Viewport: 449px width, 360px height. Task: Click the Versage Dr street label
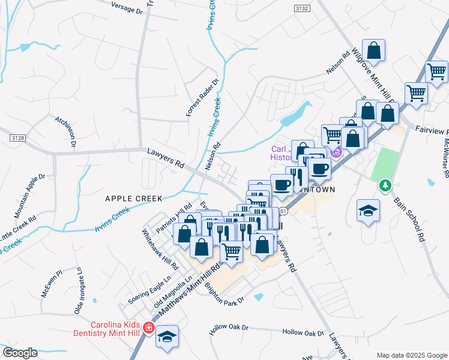128,7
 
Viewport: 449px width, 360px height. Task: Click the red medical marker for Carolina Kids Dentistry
149,328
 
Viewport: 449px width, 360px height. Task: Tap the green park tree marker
385,186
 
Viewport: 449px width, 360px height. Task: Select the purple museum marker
337,152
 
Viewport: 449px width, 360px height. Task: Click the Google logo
20,353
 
